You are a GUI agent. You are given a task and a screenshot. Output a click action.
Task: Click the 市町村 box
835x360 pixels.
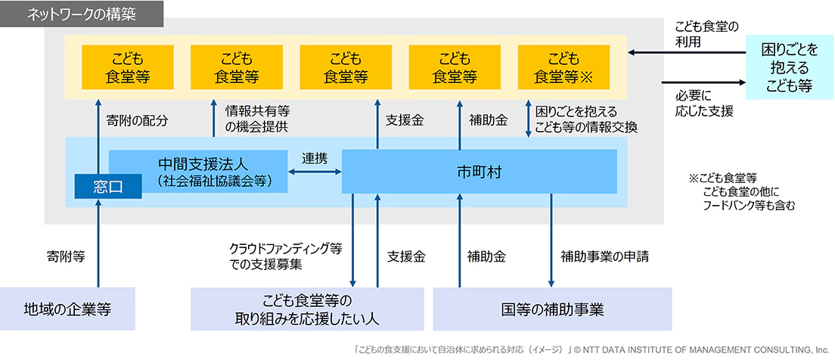pyautogui.click(x=480, y=171)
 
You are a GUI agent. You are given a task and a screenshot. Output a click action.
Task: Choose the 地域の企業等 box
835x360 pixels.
pyautogui.click(x=68, y=309)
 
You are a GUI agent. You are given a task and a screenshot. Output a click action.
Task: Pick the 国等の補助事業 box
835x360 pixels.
pyautogui.click(x=552, y=309)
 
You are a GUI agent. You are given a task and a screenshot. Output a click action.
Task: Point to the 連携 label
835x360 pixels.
pyautogui.click(x=315, y=159)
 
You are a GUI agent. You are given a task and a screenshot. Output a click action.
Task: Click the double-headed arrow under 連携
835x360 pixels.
pyautogui.click(x=315, y=173)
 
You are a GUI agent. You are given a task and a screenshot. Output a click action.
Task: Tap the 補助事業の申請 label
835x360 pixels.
pyautogui.click(x=605, y=256)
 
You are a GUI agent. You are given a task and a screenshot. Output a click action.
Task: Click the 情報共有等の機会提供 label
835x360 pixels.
pyautogui.click(x=257, y=119)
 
